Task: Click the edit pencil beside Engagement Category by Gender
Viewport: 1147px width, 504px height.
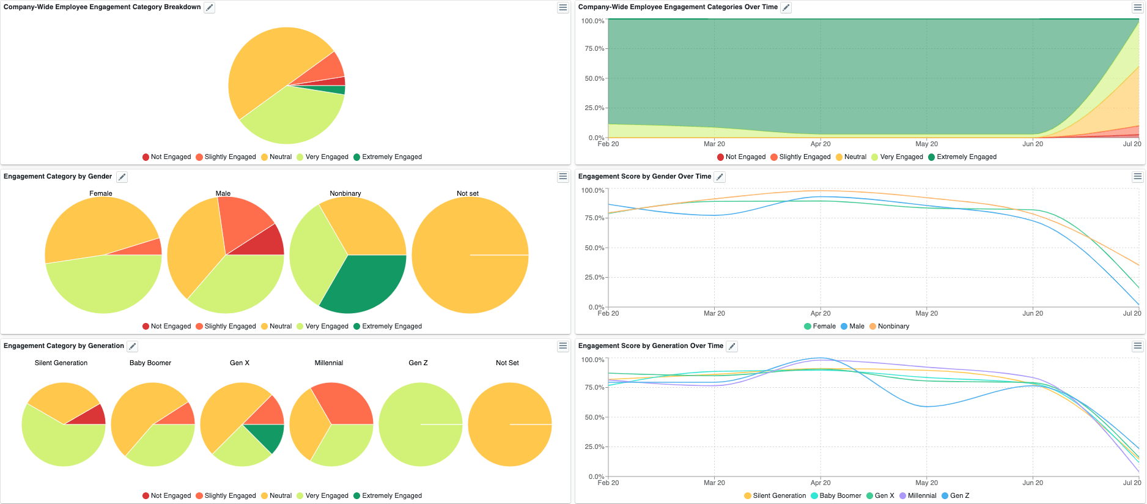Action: coord(122,177)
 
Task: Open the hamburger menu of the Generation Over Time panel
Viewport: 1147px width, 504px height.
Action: coord(1137,346)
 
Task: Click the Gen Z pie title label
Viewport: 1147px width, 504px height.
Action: coord(418,363)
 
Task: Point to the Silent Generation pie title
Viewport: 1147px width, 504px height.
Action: coord(61,363)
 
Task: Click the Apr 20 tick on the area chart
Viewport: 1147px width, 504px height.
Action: coord(821,144)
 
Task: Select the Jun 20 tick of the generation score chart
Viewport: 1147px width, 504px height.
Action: coord(1033,483)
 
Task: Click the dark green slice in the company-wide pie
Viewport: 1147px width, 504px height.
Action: coord(336,90)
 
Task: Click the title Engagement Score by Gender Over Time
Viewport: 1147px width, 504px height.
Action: coord(644,176)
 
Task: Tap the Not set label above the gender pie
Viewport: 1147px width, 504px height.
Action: coord(468,193)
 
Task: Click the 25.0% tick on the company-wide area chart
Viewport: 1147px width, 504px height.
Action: coord(594,108)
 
